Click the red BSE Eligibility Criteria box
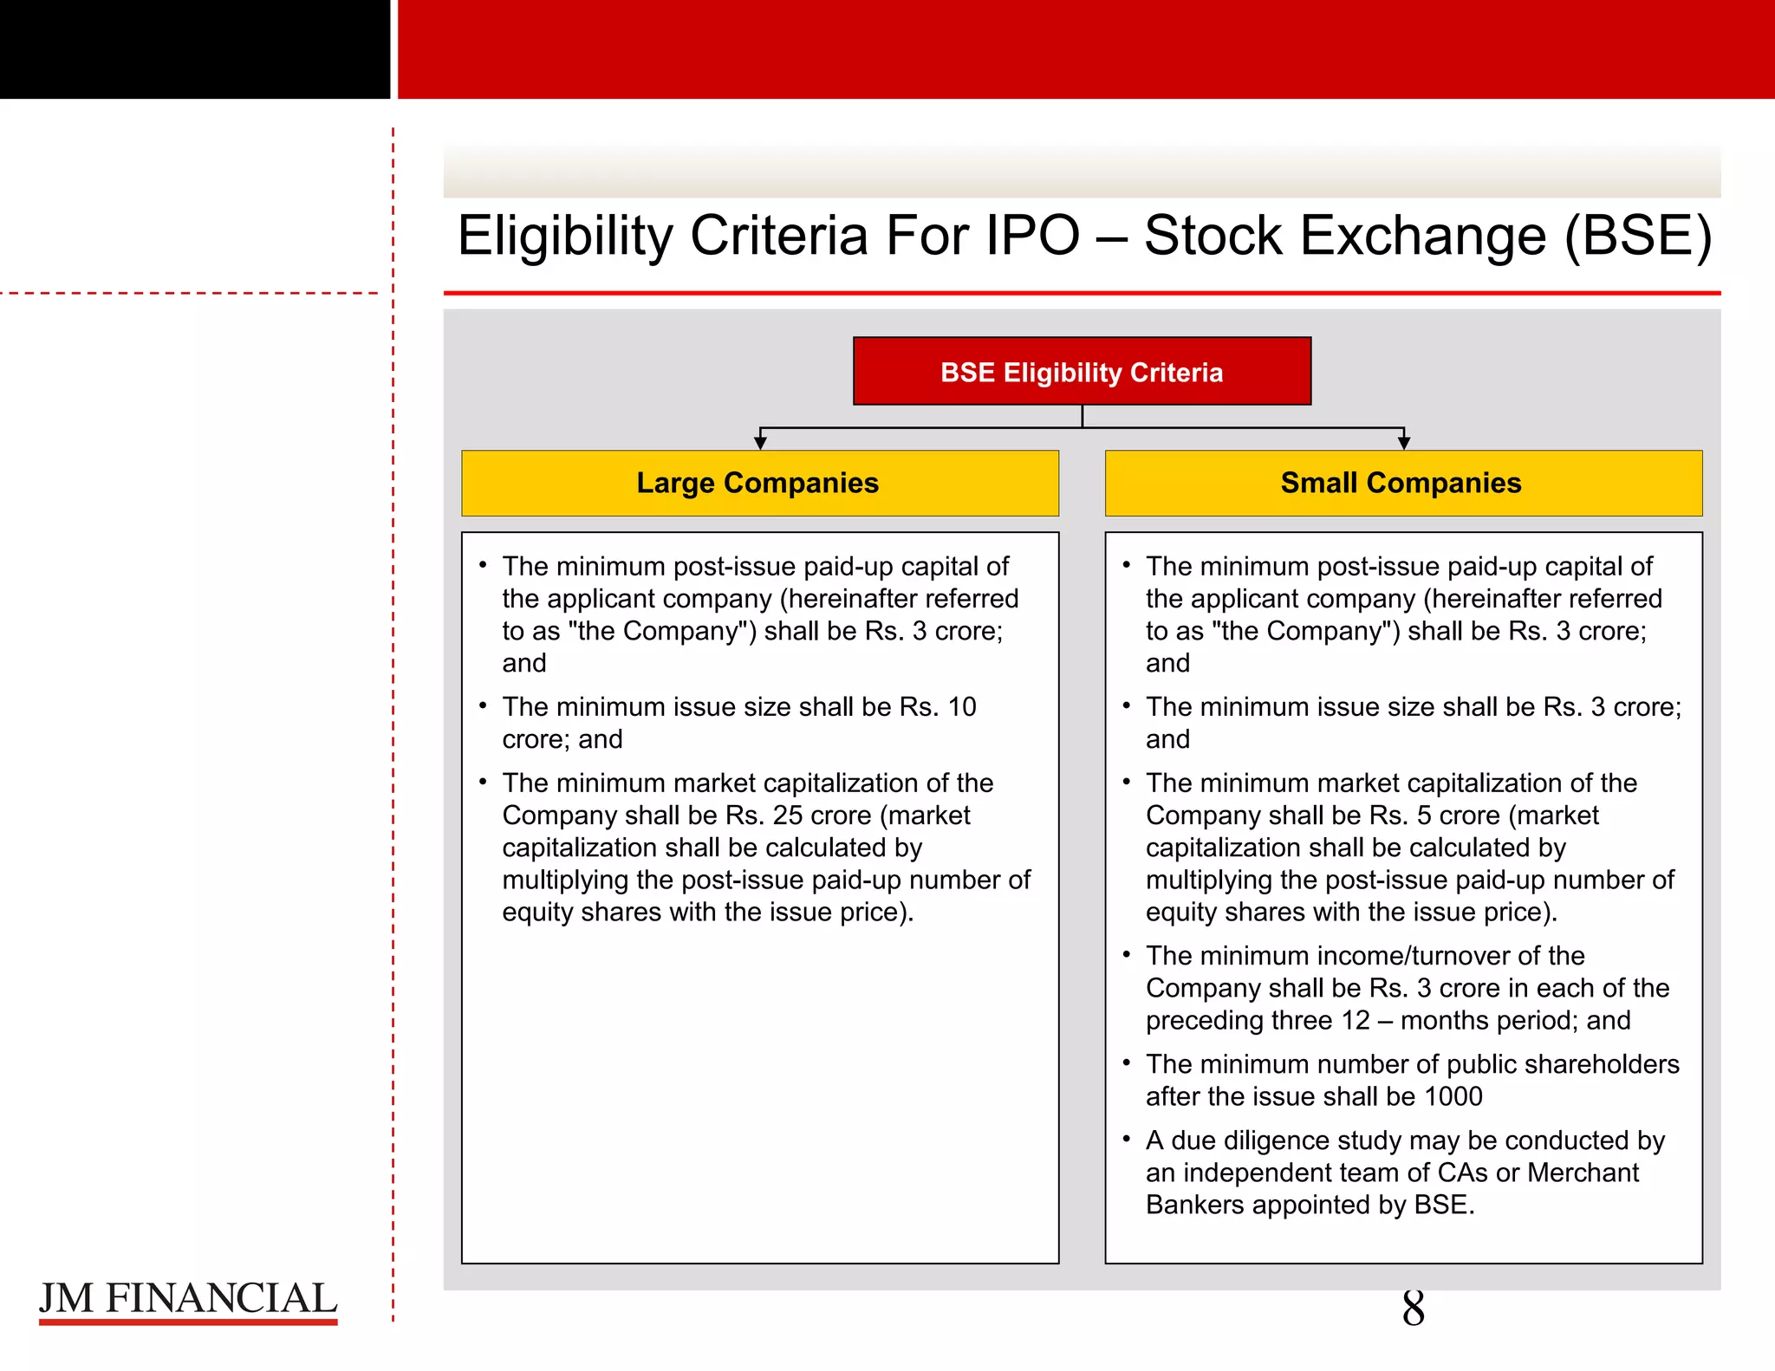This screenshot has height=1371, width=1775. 1082,371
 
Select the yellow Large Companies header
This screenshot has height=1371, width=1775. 759,483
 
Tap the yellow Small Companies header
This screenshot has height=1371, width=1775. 1402,483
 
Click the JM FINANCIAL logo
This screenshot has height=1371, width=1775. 187,1300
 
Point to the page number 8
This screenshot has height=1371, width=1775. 1413,1309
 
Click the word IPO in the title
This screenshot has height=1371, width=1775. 1032,236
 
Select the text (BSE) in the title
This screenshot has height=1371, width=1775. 1637,236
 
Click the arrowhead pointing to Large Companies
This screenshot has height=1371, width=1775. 760,443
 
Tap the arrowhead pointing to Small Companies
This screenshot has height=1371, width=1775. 1404,443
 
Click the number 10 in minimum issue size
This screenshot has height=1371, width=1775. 962,707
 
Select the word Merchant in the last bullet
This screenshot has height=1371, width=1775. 1583,1173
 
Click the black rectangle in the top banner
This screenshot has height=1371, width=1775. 194,49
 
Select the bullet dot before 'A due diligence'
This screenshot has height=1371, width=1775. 1126,1138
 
